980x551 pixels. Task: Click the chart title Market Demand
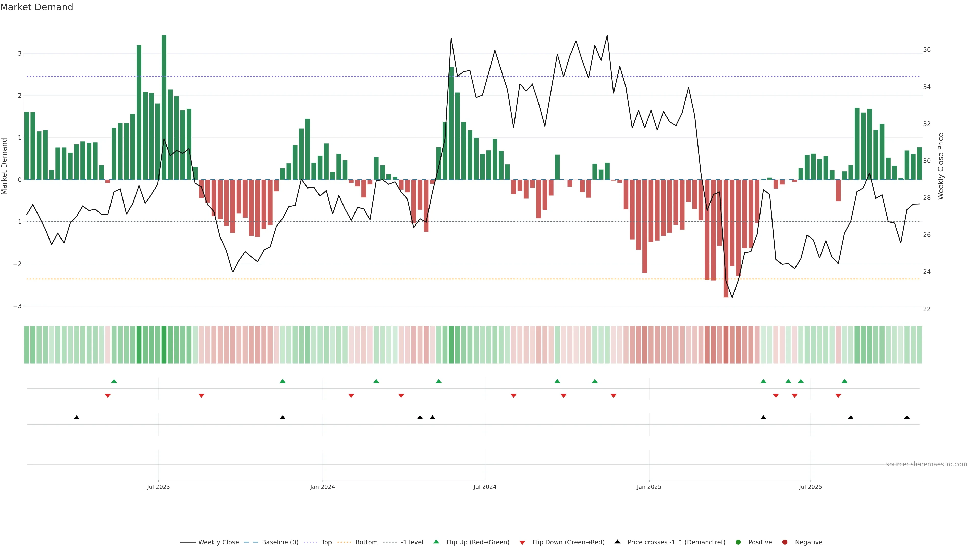pos(36,7)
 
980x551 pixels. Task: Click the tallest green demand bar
pos(164,106)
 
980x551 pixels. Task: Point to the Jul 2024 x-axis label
pos(485,487)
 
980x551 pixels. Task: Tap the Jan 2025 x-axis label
pos(649,487)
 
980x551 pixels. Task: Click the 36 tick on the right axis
pos(927,50)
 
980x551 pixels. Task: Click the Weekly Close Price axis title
pos(941,166)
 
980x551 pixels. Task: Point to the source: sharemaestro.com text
pos(926,464)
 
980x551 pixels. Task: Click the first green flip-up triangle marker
pos(114,381)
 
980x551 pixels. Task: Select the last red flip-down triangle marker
pos(838,396)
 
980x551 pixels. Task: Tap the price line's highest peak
pos(607,35)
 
